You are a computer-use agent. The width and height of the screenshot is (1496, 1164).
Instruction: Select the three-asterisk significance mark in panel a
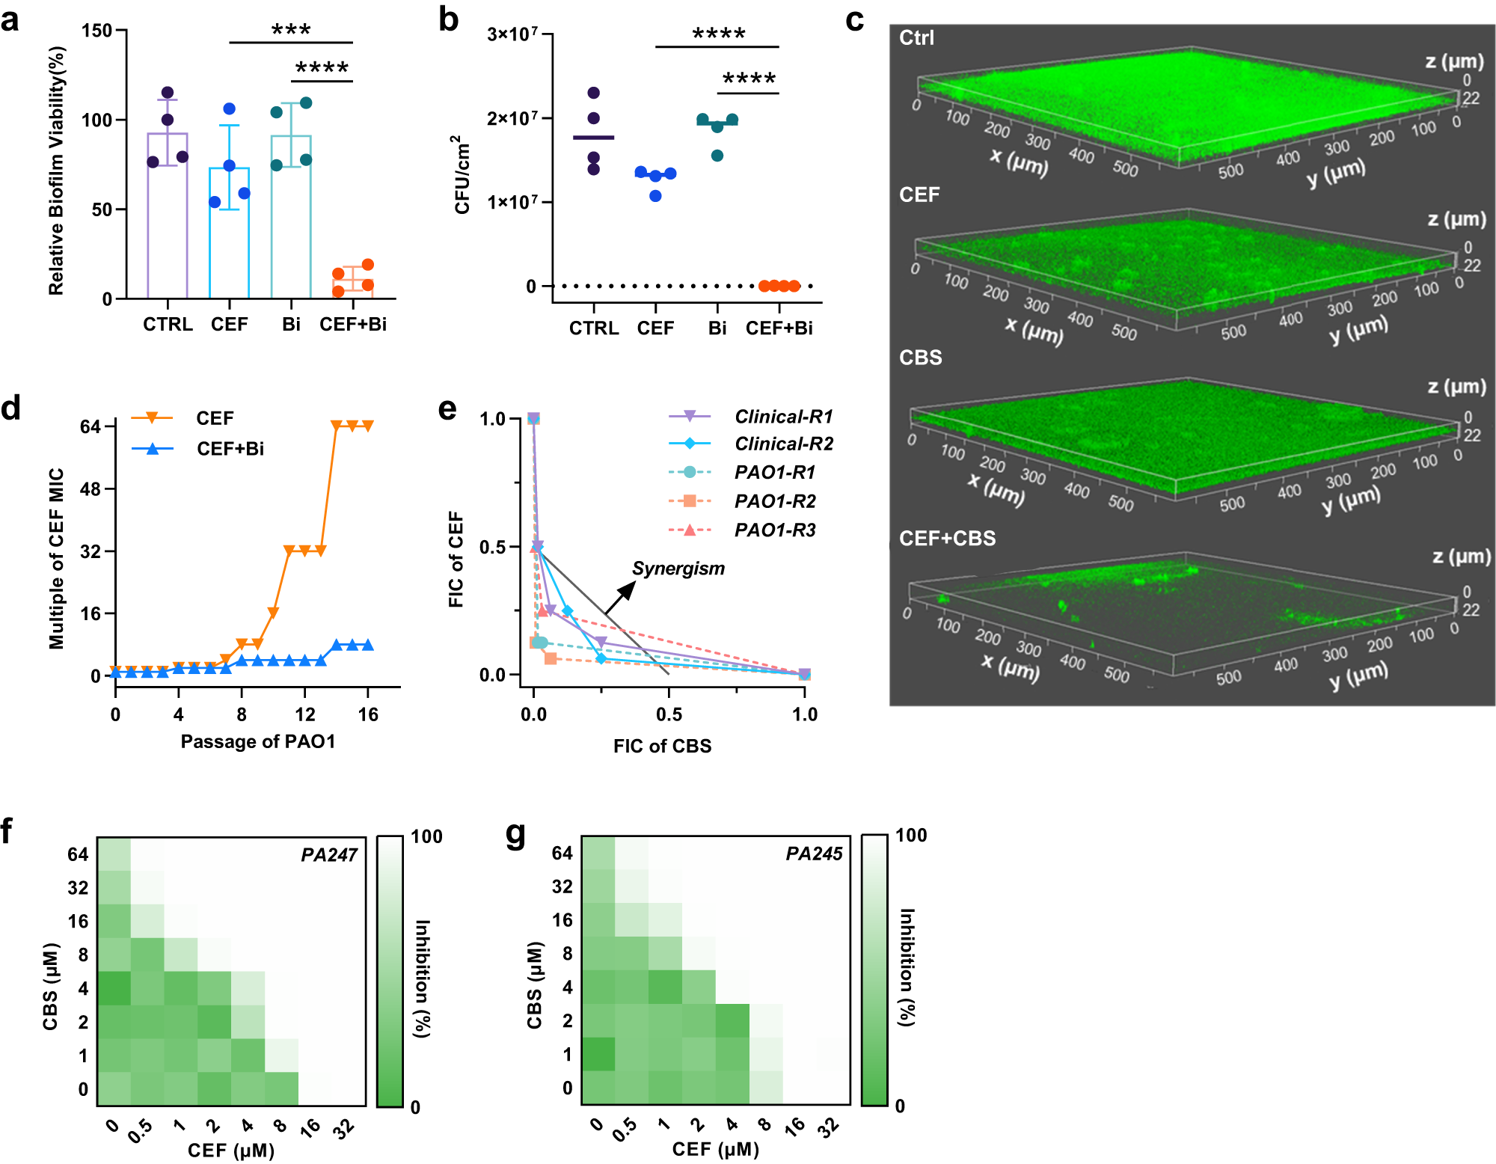click(291, 31)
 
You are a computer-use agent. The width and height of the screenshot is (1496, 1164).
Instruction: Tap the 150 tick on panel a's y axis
click(97, 31)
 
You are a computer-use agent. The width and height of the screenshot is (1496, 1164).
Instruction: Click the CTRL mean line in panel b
click(593, 138)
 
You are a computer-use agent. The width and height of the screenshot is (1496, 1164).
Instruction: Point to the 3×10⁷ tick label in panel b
click(512, 34)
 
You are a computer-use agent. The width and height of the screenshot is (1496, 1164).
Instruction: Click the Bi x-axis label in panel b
click(717, 328)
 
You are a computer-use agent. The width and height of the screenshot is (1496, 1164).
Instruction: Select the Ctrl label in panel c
click(916, 37)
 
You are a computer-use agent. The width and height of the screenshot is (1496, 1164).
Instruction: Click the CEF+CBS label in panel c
click(947, 538)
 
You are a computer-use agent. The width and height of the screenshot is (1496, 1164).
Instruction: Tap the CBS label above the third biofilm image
click(920, 358)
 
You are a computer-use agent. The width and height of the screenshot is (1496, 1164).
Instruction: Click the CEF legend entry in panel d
click(215, 417)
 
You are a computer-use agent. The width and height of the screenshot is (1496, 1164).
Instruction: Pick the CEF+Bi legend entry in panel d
click(230, 448)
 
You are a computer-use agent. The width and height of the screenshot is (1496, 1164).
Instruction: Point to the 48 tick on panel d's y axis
click(91, 489)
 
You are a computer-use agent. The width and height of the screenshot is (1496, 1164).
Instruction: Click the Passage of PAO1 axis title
click(258, 741)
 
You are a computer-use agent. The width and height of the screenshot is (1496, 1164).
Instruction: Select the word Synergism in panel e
click(678, 569)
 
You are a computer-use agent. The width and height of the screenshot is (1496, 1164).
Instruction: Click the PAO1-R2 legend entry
click(775, 501)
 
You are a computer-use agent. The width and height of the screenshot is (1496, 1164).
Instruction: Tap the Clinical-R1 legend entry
click(783, 416)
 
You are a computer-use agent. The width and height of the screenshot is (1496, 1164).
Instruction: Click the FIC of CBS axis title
click(662, 746)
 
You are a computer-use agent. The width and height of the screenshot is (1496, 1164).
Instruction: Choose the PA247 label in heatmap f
click(329, 855)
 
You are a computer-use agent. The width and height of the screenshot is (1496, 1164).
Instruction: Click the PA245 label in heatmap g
click(814, 854)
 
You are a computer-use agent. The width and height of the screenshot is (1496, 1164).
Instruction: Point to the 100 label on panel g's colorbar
click(911, 836)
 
